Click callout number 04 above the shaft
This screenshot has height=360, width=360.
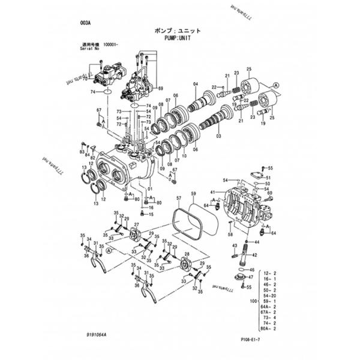pyautogui.click(x=195, y=83)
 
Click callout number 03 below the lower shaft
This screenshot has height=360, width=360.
pyautogui.click(x=218, y=136)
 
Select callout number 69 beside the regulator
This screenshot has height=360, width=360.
pyautogui.click(x=160, y=88)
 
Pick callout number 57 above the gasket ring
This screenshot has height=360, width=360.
pyautogui.click(x=178, y=197)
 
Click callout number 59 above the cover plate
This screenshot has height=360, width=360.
pyautogui.click(x=193, y=194)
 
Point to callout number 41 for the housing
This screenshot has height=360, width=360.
pyautogui.click(x=212, y=191)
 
